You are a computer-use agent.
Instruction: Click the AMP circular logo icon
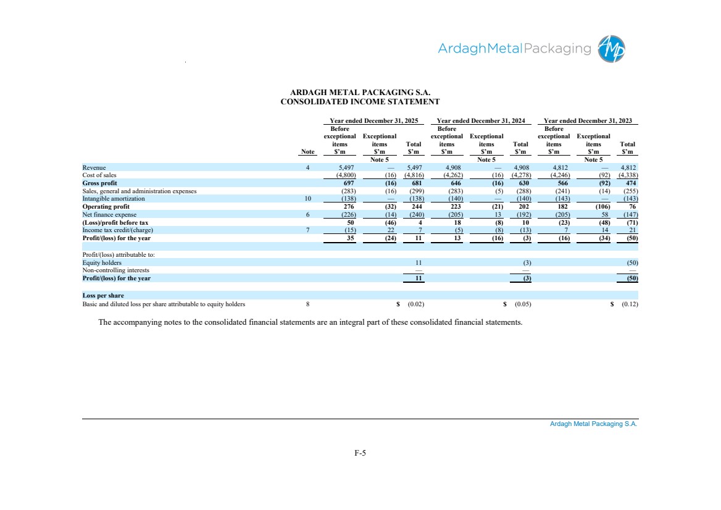[x=611, y=49]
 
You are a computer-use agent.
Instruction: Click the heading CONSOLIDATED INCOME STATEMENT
[x=360, y=102]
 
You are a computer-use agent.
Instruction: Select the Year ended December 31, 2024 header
[x=480, y=120]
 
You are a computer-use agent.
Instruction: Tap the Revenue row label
[x=94, y=168]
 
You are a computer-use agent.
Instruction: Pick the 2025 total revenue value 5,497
[x=414, y=168]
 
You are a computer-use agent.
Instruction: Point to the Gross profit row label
[x=100, y=183]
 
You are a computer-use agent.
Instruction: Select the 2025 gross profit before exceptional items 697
[x=349, y=183]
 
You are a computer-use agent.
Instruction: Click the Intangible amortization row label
[x=114, y=199]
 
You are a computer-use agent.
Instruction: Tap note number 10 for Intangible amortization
[x=307, y=199]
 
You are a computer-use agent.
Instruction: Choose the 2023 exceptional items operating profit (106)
[x=602, y=206]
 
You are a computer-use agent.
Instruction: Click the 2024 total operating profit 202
[x=523, y=206]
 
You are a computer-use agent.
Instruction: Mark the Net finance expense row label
[x=109, y=215]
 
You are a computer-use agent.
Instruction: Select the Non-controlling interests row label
[x=116, y=270]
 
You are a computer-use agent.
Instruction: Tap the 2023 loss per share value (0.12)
[x=630, y=304]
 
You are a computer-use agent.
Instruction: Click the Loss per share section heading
[x=103, y=296]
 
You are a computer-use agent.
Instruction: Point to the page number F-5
[x=360, y=453]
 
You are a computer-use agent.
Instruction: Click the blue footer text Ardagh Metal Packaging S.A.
[x=594, y=424]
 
